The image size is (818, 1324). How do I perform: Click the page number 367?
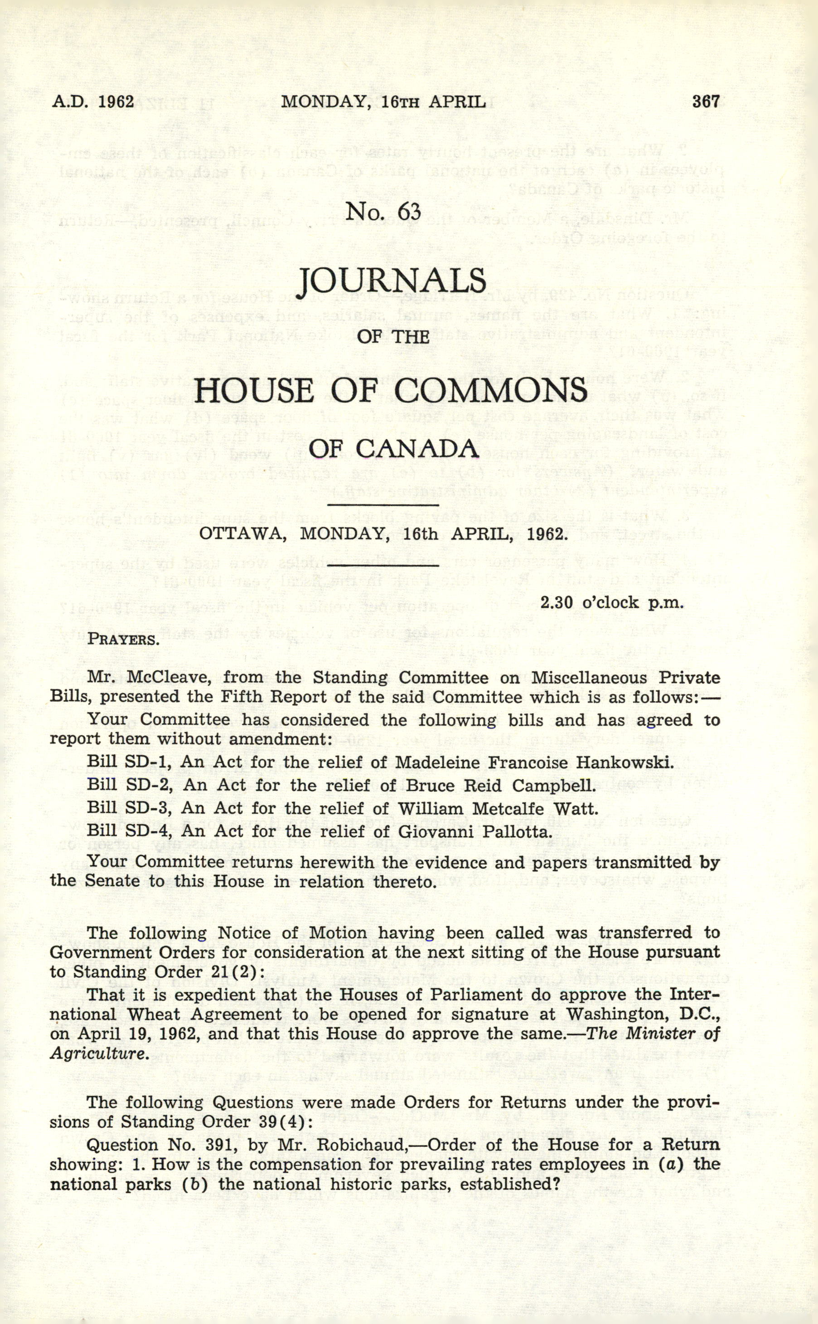pos(706,102)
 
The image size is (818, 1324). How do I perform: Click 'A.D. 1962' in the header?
pos(92,102)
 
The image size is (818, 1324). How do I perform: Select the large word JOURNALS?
pos(393,280)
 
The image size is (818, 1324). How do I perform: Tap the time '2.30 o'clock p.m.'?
pos(612,602)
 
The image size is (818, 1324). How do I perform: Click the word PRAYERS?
pos(123,640)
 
